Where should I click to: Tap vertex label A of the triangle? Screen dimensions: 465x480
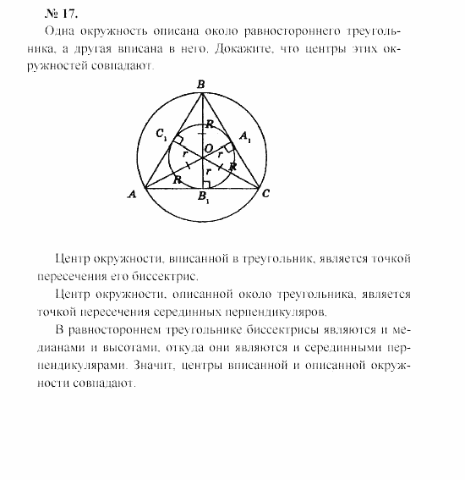[133, 195]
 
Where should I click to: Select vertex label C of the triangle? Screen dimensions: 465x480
[265, 195]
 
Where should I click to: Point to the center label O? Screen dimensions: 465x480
[208, 149]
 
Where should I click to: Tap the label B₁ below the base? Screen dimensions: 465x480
[202, 201]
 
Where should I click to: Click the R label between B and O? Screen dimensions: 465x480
[210, 124]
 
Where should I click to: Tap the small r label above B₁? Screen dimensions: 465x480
[207, 169]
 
